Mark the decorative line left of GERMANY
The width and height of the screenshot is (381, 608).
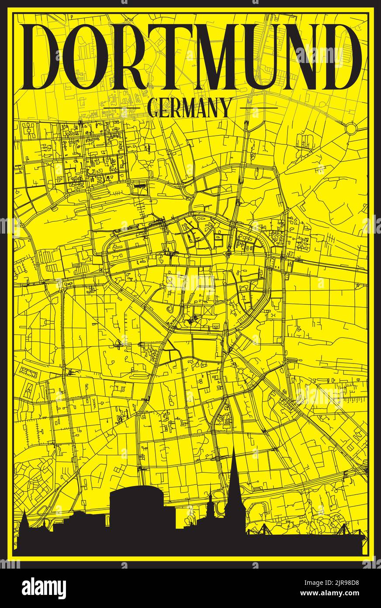pyautogui.click(x=121, y=108)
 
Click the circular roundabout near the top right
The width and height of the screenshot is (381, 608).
pyautogui.click(x=351, y=129)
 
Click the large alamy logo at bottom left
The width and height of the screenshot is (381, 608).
pyautogui.click(x=44, y=588)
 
